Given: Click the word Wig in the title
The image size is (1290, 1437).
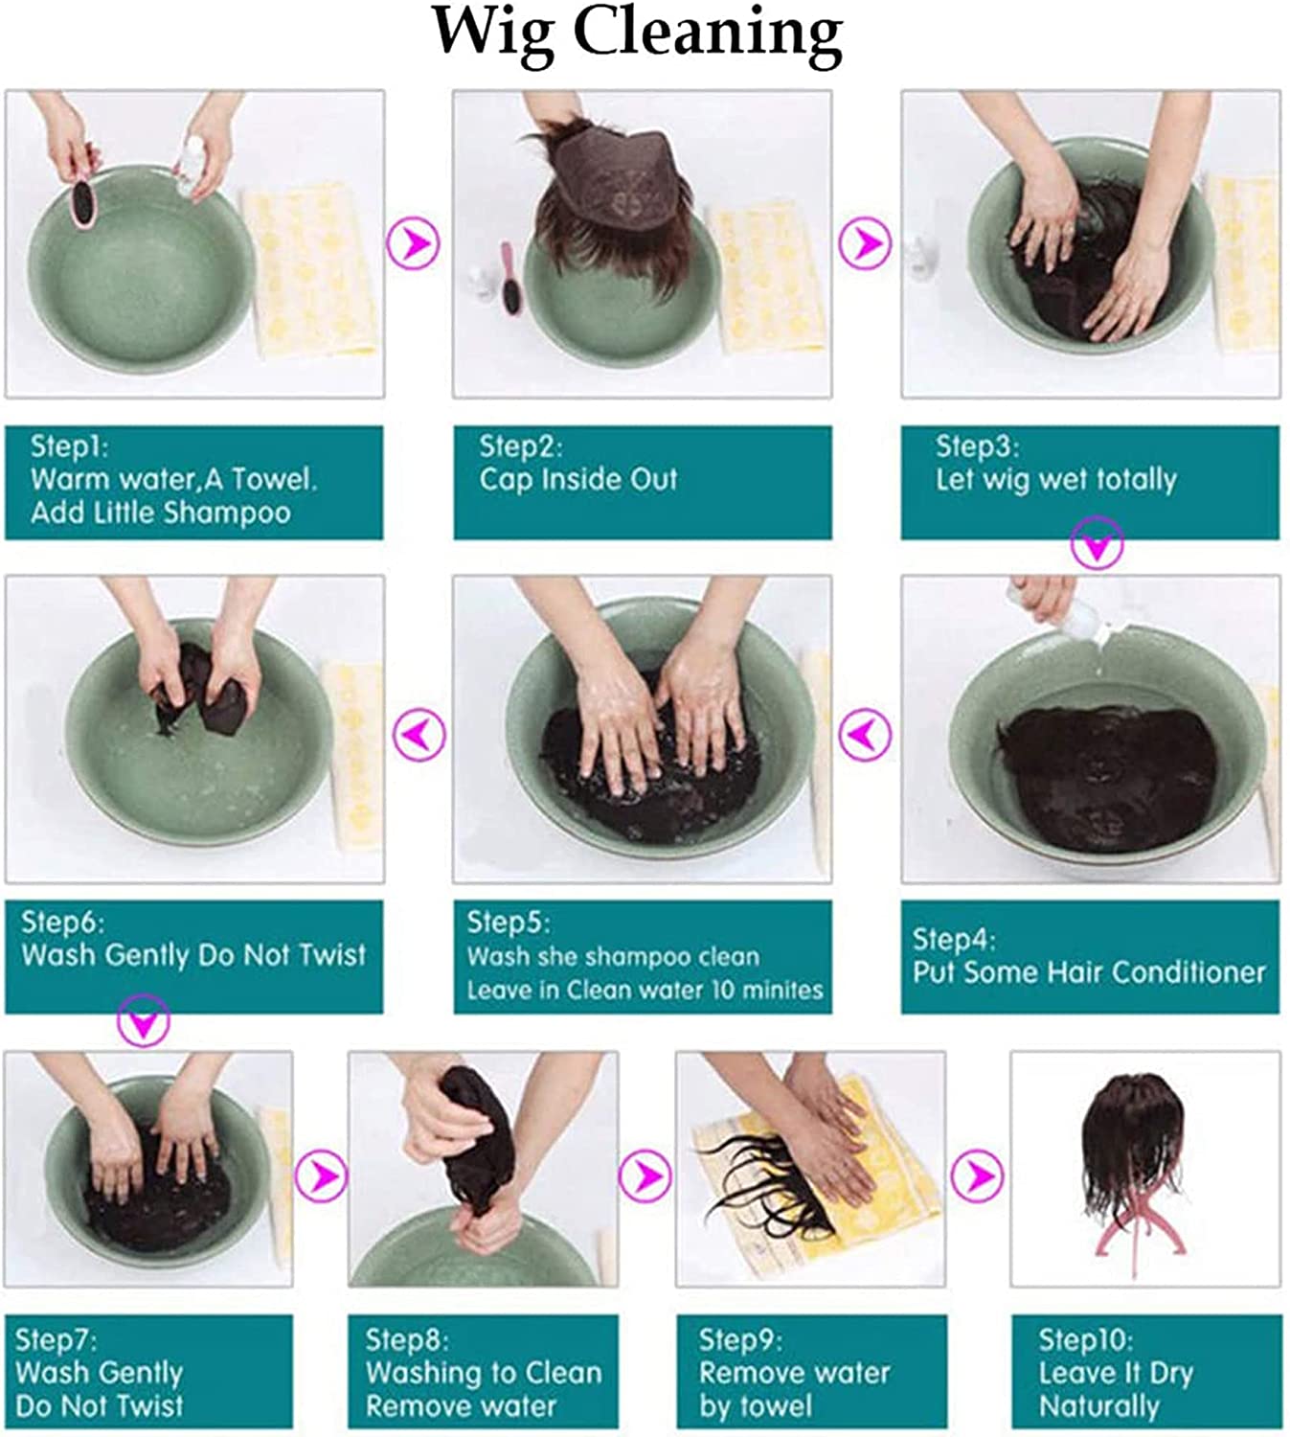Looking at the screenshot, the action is pyautogui.click(x=493, y=35).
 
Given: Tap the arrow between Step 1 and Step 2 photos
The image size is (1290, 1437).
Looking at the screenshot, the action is pyautogui.click(x=414, y=243).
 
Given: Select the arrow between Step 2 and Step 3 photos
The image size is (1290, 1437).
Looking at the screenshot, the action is pyautogui.click(x=865, y=243).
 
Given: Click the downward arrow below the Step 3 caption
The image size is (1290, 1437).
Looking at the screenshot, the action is pyautogui.click(x=1098, y=542).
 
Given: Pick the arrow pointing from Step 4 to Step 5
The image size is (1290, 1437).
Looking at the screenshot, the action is pyautogui.click(x=865, y=734).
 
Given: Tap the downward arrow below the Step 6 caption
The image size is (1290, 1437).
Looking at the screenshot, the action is pyautogui.click(x=144, y=1020).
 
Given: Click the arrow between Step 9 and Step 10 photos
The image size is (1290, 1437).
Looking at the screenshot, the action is pyautogui.click(x=977, y=1176).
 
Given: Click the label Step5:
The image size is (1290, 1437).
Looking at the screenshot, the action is pyautogui.click(x=508, y=922).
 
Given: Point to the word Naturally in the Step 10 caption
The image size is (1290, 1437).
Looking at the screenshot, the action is pyautogui.click(x=1098, y=1405).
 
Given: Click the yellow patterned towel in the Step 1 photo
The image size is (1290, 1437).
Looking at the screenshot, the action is pyautogui.click(x=310, y=269).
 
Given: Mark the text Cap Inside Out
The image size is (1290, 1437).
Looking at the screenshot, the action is pyautogui.click(x=578, y=479).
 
